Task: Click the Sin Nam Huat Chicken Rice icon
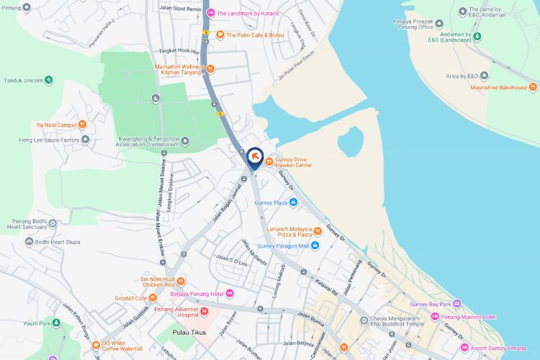181,282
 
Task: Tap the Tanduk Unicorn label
24,80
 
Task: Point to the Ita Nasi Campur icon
82,125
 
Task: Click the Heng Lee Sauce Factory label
49,140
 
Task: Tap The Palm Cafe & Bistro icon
220,35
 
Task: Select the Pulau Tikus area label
190,332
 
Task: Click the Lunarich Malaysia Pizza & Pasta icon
318,231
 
